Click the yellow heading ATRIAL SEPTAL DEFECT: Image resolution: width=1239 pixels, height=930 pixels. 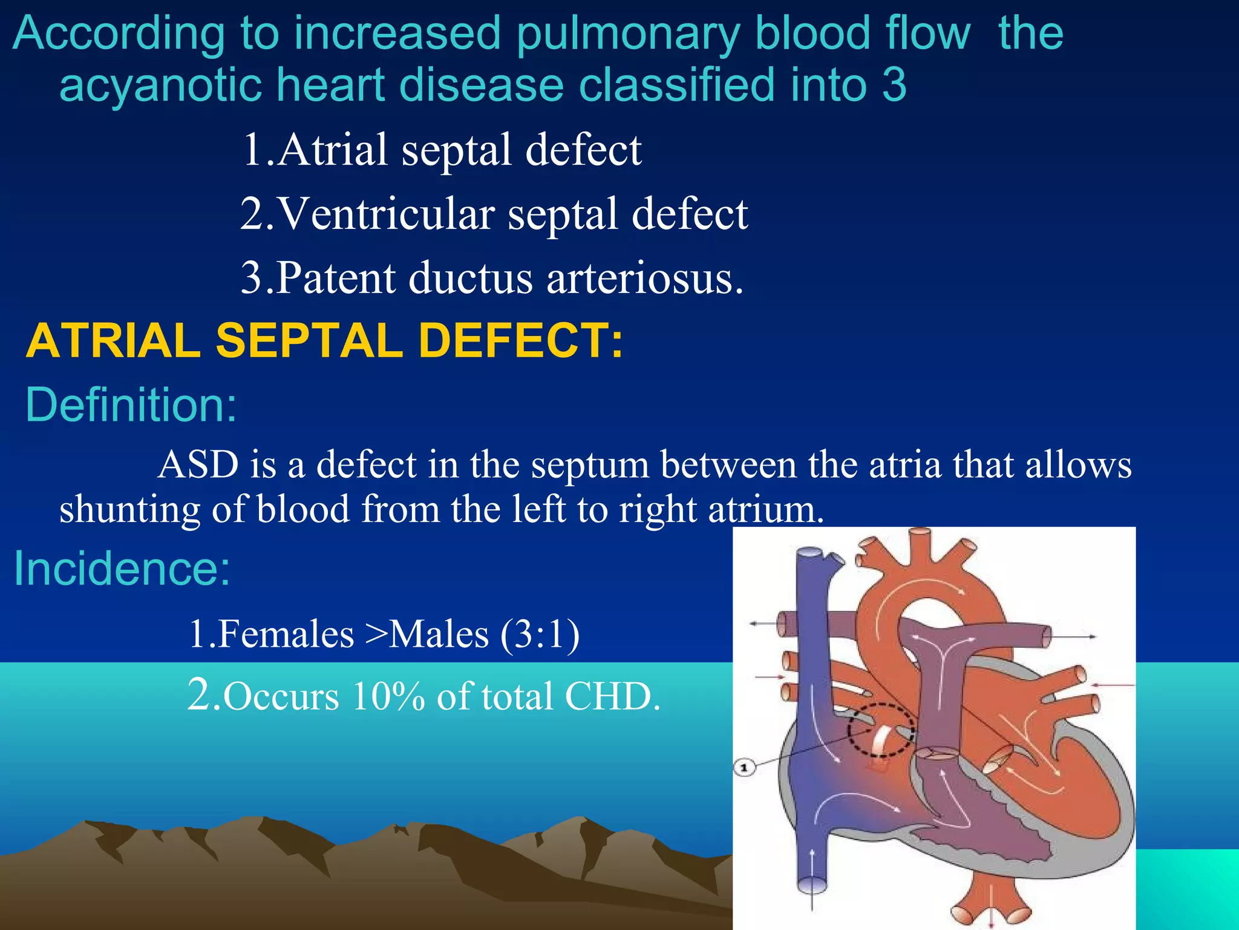coord(324,341)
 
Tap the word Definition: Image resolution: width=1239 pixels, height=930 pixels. coord(131,405)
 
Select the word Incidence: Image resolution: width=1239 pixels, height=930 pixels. coord(122,569)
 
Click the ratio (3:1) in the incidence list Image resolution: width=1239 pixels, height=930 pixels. coord(540,635)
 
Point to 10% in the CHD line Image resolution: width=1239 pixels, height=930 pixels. coord(389,696)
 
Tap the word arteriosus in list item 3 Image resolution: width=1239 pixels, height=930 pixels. coord(645,278)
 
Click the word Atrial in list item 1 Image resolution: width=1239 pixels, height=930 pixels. coord(333,150)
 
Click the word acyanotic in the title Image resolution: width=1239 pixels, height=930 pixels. coord(160,85)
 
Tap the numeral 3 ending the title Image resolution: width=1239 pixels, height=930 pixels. coord(894,85)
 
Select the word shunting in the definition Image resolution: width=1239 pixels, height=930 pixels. coord(129,509)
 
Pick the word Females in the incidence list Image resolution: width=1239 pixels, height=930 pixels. coord(286,635)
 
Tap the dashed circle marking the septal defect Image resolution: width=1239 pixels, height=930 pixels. coord(880,730)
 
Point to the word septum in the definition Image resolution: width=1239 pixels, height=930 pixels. coord(590,465)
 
